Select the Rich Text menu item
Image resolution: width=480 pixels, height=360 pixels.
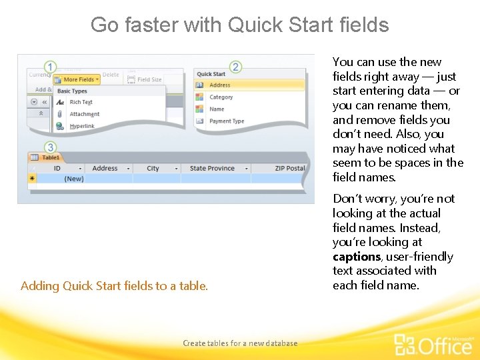click(81, 102)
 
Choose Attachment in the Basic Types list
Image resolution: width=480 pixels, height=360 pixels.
click(84, 114)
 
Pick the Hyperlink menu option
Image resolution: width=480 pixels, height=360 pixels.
click(82, 126)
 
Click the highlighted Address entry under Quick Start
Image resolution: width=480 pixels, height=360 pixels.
click(220, 85)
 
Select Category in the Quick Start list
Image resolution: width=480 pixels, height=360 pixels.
click(221, 97)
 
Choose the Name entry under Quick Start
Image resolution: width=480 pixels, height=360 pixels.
click(217, 109)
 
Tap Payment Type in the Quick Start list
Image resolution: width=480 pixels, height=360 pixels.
click(227, 121)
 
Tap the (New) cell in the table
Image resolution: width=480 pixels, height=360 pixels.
click(73, 179)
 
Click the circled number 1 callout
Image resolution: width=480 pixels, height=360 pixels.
click(50, 67)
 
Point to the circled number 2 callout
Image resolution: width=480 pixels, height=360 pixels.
click(235, 67)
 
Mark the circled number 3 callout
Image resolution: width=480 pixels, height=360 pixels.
click(50, 147)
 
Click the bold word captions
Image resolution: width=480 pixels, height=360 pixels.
click(356, 257)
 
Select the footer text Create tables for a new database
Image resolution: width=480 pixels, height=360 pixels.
click(240, 343)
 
